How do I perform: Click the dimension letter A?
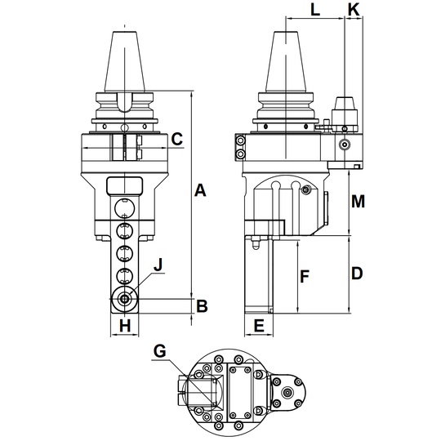point(200,190)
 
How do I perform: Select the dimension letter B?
point(202,306)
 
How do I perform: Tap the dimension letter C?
point(177,139)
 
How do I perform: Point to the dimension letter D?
point(357,273)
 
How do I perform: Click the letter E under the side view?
point(259,326)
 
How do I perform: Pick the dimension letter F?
point(305,276)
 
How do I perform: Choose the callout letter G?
point(160,351)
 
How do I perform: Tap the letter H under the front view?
point(125,326)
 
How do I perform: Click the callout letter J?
point(158,265)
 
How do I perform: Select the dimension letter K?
point(354,10)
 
